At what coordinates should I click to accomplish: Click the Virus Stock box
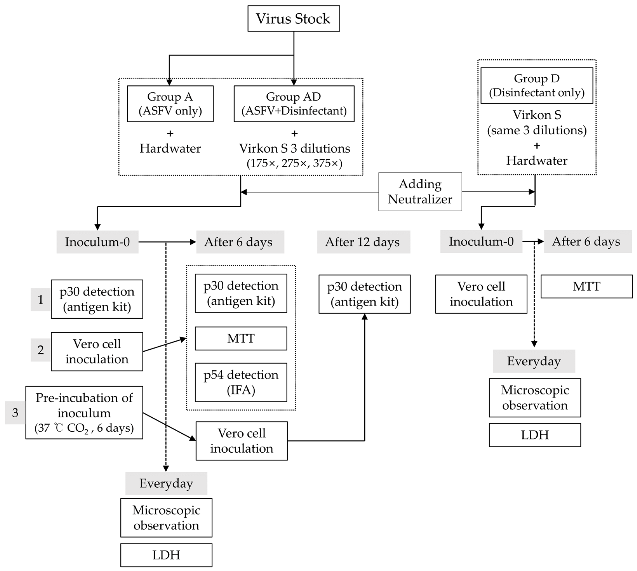coord(293,18)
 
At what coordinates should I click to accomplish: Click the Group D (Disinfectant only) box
coord(537,85)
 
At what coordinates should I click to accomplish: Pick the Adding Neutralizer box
coord(420,192)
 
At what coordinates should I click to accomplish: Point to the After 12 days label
coord(363,242)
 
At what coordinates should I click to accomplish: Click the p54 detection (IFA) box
coord(241,382)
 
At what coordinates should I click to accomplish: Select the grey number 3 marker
coord(15,413)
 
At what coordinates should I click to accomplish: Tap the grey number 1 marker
coord(40,300)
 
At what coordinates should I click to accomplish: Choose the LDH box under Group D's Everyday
coord(535,435)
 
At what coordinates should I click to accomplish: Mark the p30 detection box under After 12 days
coord(364,294)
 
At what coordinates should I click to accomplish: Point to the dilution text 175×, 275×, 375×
coord(294,163)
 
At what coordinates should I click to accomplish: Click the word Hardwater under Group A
coord(170,148)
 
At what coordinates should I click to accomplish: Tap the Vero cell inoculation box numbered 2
coord(97,351)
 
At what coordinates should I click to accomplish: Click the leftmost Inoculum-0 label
coord(97,242)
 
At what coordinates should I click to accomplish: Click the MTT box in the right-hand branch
coord(586,286)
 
